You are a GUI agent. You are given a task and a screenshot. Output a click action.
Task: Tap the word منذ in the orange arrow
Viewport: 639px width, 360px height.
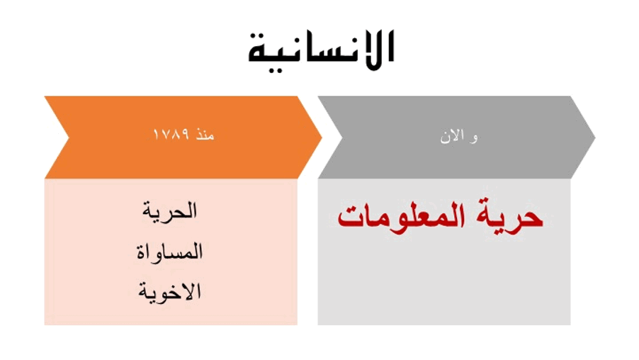click(x=205, y=134)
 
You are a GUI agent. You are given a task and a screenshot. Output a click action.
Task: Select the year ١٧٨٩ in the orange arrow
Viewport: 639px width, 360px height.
click(x=171, y=134)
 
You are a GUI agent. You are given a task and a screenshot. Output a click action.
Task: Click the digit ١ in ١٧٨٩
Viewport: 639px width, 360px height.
click(x=155, y=134)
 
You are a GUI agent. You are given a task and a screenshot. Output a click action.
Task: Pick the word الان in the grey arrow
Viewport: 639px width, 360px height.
click(x=453, y=137)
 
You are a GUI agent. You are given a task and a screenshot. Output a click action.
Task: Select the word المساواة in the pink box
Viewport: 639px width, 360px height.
click(x=169, y=252)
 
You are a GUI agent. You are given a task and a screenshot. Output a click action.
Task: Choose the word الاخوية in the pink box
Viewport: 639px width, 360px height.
click(x=169, y=291)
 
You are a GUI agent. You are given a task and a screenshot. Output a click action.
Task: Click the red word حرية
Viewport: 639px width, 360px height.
click(x=509, y=216)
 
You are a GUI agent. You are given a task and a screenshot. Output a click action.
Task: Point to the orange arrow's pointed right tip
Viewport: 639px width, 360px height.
click(x=322, y=137)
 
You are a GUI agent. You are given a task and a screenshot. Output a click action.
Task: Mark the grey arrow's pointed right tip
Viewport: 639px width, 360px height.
click(x=595, y=137)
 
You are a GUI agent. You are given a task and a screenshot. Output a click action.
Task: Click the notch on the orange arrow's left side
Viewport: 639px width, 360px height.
click(x=69, y=137)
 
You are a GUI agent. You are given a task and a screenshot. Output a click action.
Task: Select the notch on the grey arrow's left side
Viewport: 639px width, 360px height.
click(x=341, y=137)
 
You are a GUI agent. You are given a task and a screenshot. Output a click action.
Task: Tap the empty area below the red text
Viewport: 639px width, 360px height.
click(x=444, y=281)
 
